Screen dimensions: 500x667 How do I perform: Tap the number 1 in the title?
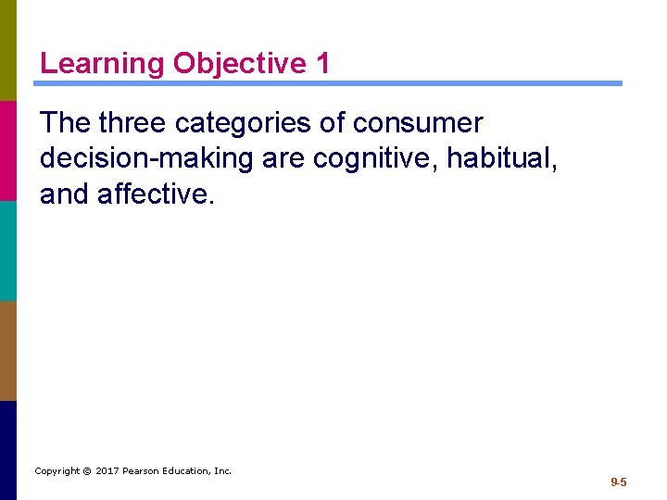click(321, 64)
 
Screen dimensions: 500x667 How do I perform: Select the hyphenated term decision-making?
click(146, 158)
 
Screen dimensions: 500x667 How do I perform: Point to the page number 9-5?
click(618, 482)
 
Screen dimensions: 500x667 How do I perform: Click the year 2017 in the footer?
click(108, 471)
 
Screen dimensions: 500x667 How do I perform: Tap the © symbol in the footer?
click(86, 471)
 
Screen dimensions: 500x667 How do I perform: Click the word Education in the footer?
click(188, 471)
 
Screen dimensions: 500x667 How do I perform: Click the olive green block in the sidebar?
click(8, 50)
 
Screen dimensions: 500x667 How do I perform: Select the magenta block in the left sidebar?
click(8, 150)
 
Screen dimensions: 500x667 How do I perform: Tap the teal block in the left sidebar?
click(8, 250)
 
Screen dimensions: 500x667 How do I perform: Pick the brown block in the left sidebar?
click(8, 350)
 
